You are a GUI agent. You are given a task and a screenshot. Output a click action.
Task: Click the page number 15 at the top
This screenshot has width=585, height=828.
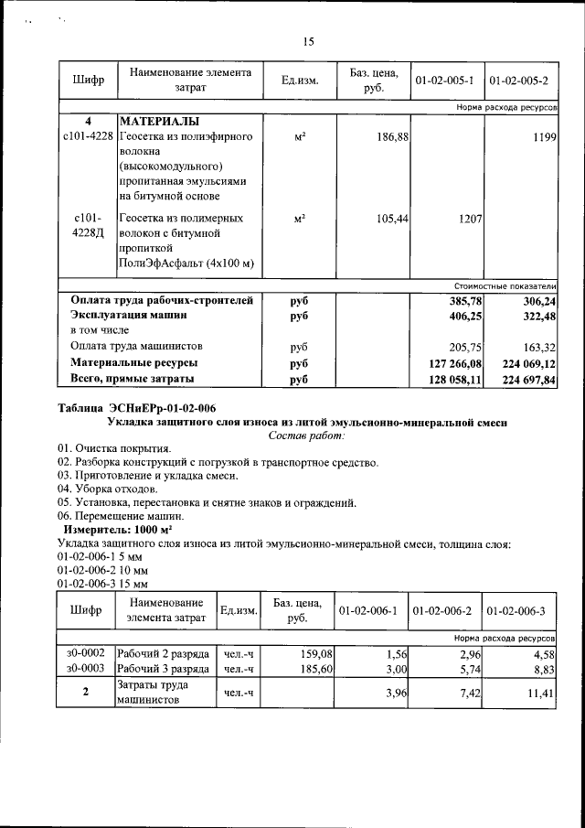pos(308,41)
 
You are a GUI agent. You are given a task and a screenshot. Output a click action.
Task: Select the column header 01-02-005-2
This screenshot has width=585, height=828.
pos(519,81)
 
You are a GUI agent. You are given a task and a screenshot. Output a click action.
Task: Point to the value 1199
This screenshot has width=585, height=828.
pos(544,136)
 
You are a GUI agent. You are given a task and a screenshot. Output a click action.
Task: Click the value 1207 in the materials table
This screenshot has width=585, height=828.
pos(466,220)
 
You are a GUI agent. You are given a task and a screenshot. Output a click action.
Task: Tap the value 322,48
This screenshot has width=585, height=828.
pos(538,315)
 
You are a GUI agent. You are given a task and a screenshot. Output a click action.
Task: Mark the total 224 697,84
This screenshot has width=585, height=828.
pos(528,380)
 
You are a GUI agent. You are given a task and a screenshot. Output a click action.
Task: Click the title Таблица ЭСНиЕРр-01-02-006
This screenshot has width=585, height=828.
pos(137,408)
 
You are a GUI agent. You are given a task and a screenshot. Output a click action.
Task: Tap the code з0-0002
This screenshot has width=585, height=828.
pos(84,653)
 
